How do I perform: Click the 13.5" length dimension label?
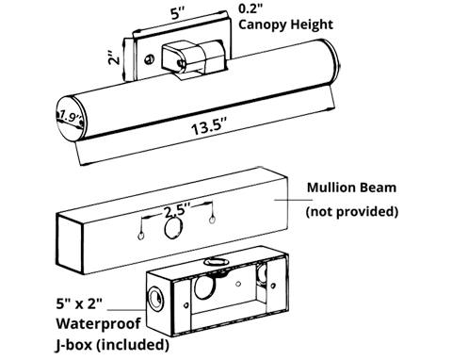(208, 126)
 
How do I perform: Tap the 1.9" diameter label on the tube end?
(70, 117)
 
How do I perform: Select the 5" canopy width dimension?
(177, 14)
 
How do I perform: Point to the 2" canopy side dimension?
(115, 57)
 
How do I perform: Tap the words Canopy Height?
(285, 25)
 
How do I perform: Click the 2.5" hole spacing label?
(177, 210)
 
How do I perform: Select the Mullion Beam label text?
(351, 188)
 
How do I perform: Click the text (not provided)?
(352, 211)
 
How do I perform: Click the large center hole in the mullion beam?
(173, 228)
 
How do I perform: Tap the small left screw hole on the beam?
(140, 235)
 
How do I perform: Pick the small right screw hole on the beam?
(212, 219)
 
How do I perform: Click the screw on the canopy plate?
(149, 59)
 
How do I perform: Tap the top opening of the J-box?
(215, 261)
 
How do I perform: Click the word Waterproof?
(98, 323)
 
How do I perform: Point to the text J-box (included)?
(112, 345)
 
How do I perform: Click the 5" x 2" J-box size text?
(79, 303)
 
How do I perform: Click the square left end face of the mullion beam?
(70, 243)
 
